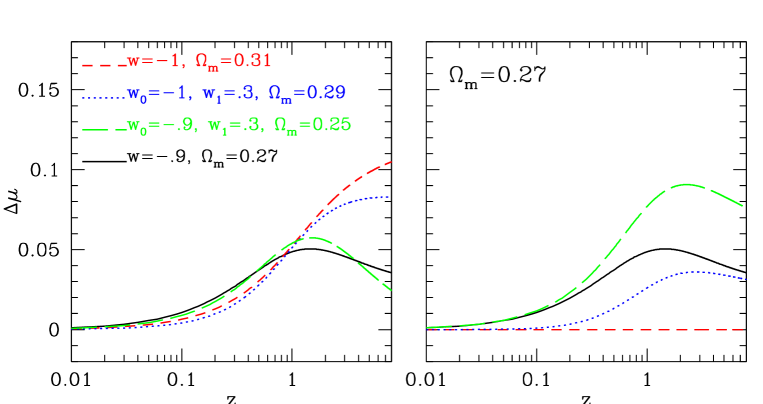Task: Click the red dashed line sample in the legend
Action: tap(103, 64)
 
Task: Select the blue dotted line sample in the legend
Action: tap(103, 97)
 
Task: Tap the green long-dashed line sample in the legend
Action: tap(103, 128)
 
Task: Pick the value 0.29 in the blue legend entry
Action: tap(325, 93)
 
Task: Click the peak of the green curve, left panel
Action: tap(312, 238)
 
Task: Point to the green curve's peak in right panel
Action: tap(686, 184)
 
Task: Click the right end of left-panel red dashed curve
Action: tap(389, 162)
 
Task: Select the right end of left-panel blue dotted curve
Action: tap(389, 196)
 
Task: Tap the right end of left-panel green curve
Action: tap(389, 290)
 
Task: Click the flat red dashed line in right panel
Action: tap(600, 329)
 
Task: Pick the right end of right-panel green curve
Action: tap(743, 206)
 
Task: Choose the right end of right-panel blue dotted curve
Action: tap(744, 279)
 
